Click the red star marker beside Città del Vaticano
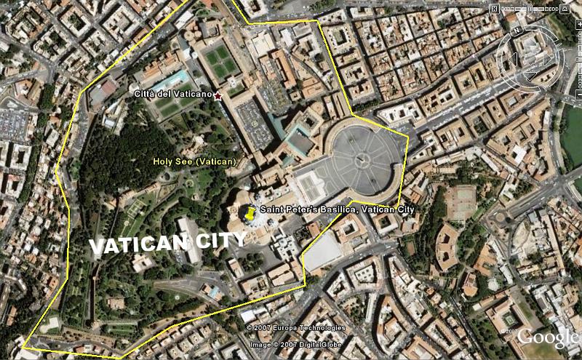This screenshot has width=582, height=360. (x=218, y=95)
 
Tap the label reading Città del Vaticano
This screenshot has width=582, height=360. (x=173, y=95)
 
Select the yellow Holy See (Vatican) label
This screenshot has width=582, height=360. (x=194, y=161)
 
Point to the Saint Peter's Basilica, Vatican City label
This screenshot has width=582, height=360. (x=337, y=209)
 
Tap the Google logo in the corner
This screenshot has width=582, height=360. (x=547, y=337)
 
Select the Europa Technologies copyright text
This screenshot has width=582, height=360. (x=295, y=327)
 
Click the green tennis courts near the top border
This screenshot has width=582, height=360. (x=220, y=61)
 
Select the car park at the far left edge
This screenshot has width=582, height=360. (x=12, y=124)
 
